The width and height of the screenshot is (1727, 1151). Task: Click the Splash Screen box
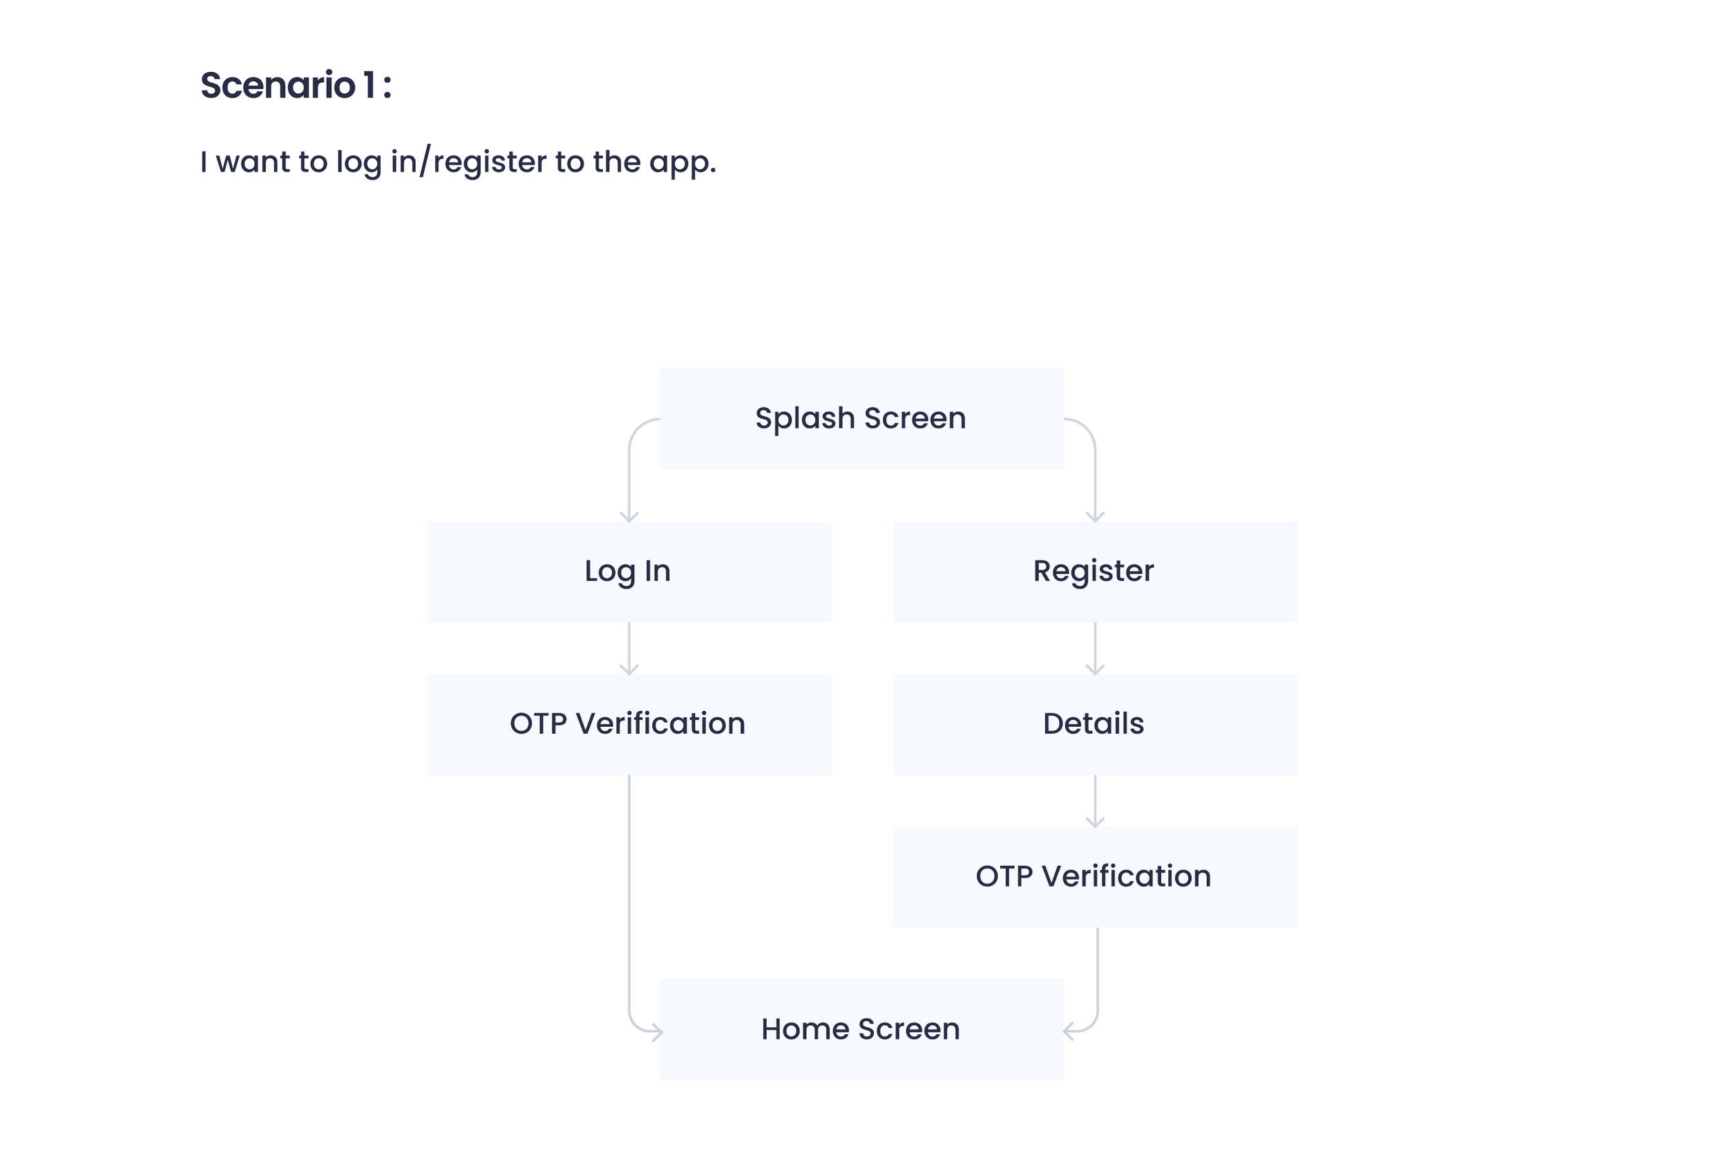pos(861,419)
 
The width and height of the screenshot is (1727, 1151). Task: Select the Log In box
pos(629,571)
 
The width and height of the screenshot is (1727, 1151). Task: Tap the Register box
pos(1094,571)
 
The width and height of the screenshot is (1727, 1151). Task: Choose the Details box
pos(1094,724)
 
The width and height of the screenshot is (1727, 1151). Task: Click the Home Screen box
pos(861,1029)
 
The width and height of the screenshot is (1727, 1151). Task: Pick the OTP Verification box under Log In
pos(629,724)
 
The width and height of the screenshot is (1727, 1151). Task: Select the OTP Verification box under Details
pos(1094,877)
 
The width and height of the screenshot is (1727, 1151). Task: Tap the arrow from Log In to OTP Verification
pos(629,648)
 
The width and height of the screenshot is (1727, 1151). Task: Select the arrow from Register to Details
pos(1095,648)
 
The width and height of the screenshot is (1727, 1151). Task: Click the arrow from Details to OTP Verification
pos(1095,801)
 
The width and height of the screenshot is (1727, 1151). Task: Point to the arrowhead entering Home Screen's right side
pos(1068,1031)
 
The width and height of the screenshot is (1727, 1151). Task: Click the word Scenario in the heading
pos(278,85)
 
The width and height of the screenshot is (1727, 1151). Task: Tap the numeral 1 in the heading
pos(369,85)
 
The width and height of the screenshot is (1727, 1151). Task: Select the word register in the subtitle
pos(490,162)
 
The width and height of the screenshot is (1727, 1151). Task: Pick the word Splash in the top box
pos(805,419)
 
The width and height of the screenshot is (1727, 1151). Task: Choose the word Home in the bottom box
pos(805,1029)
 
